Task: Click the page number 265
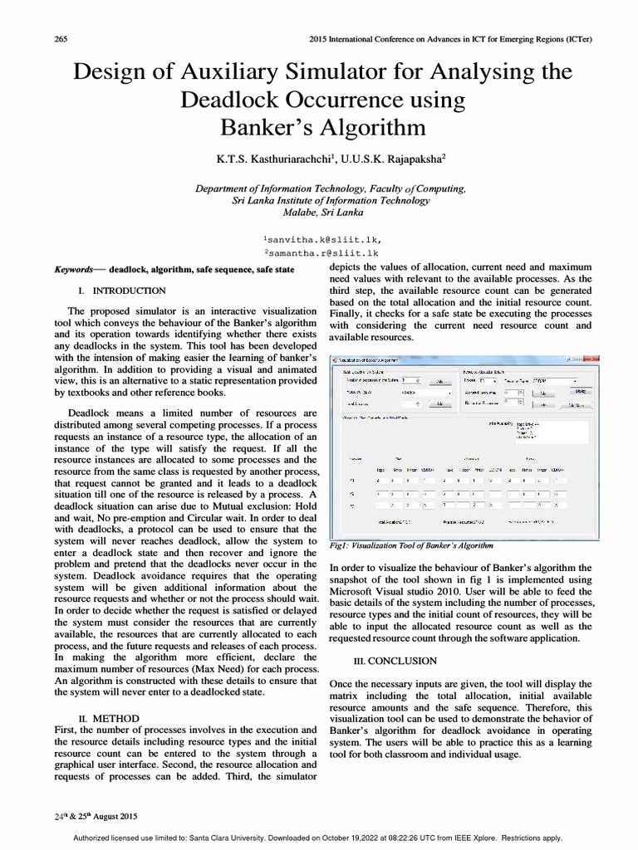pos(61,39)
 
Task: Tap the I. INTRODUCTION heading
pos(121,291)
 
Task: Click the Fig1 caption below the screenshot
pos(411,545)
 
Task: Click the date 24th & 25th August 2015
pos(95,817)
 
